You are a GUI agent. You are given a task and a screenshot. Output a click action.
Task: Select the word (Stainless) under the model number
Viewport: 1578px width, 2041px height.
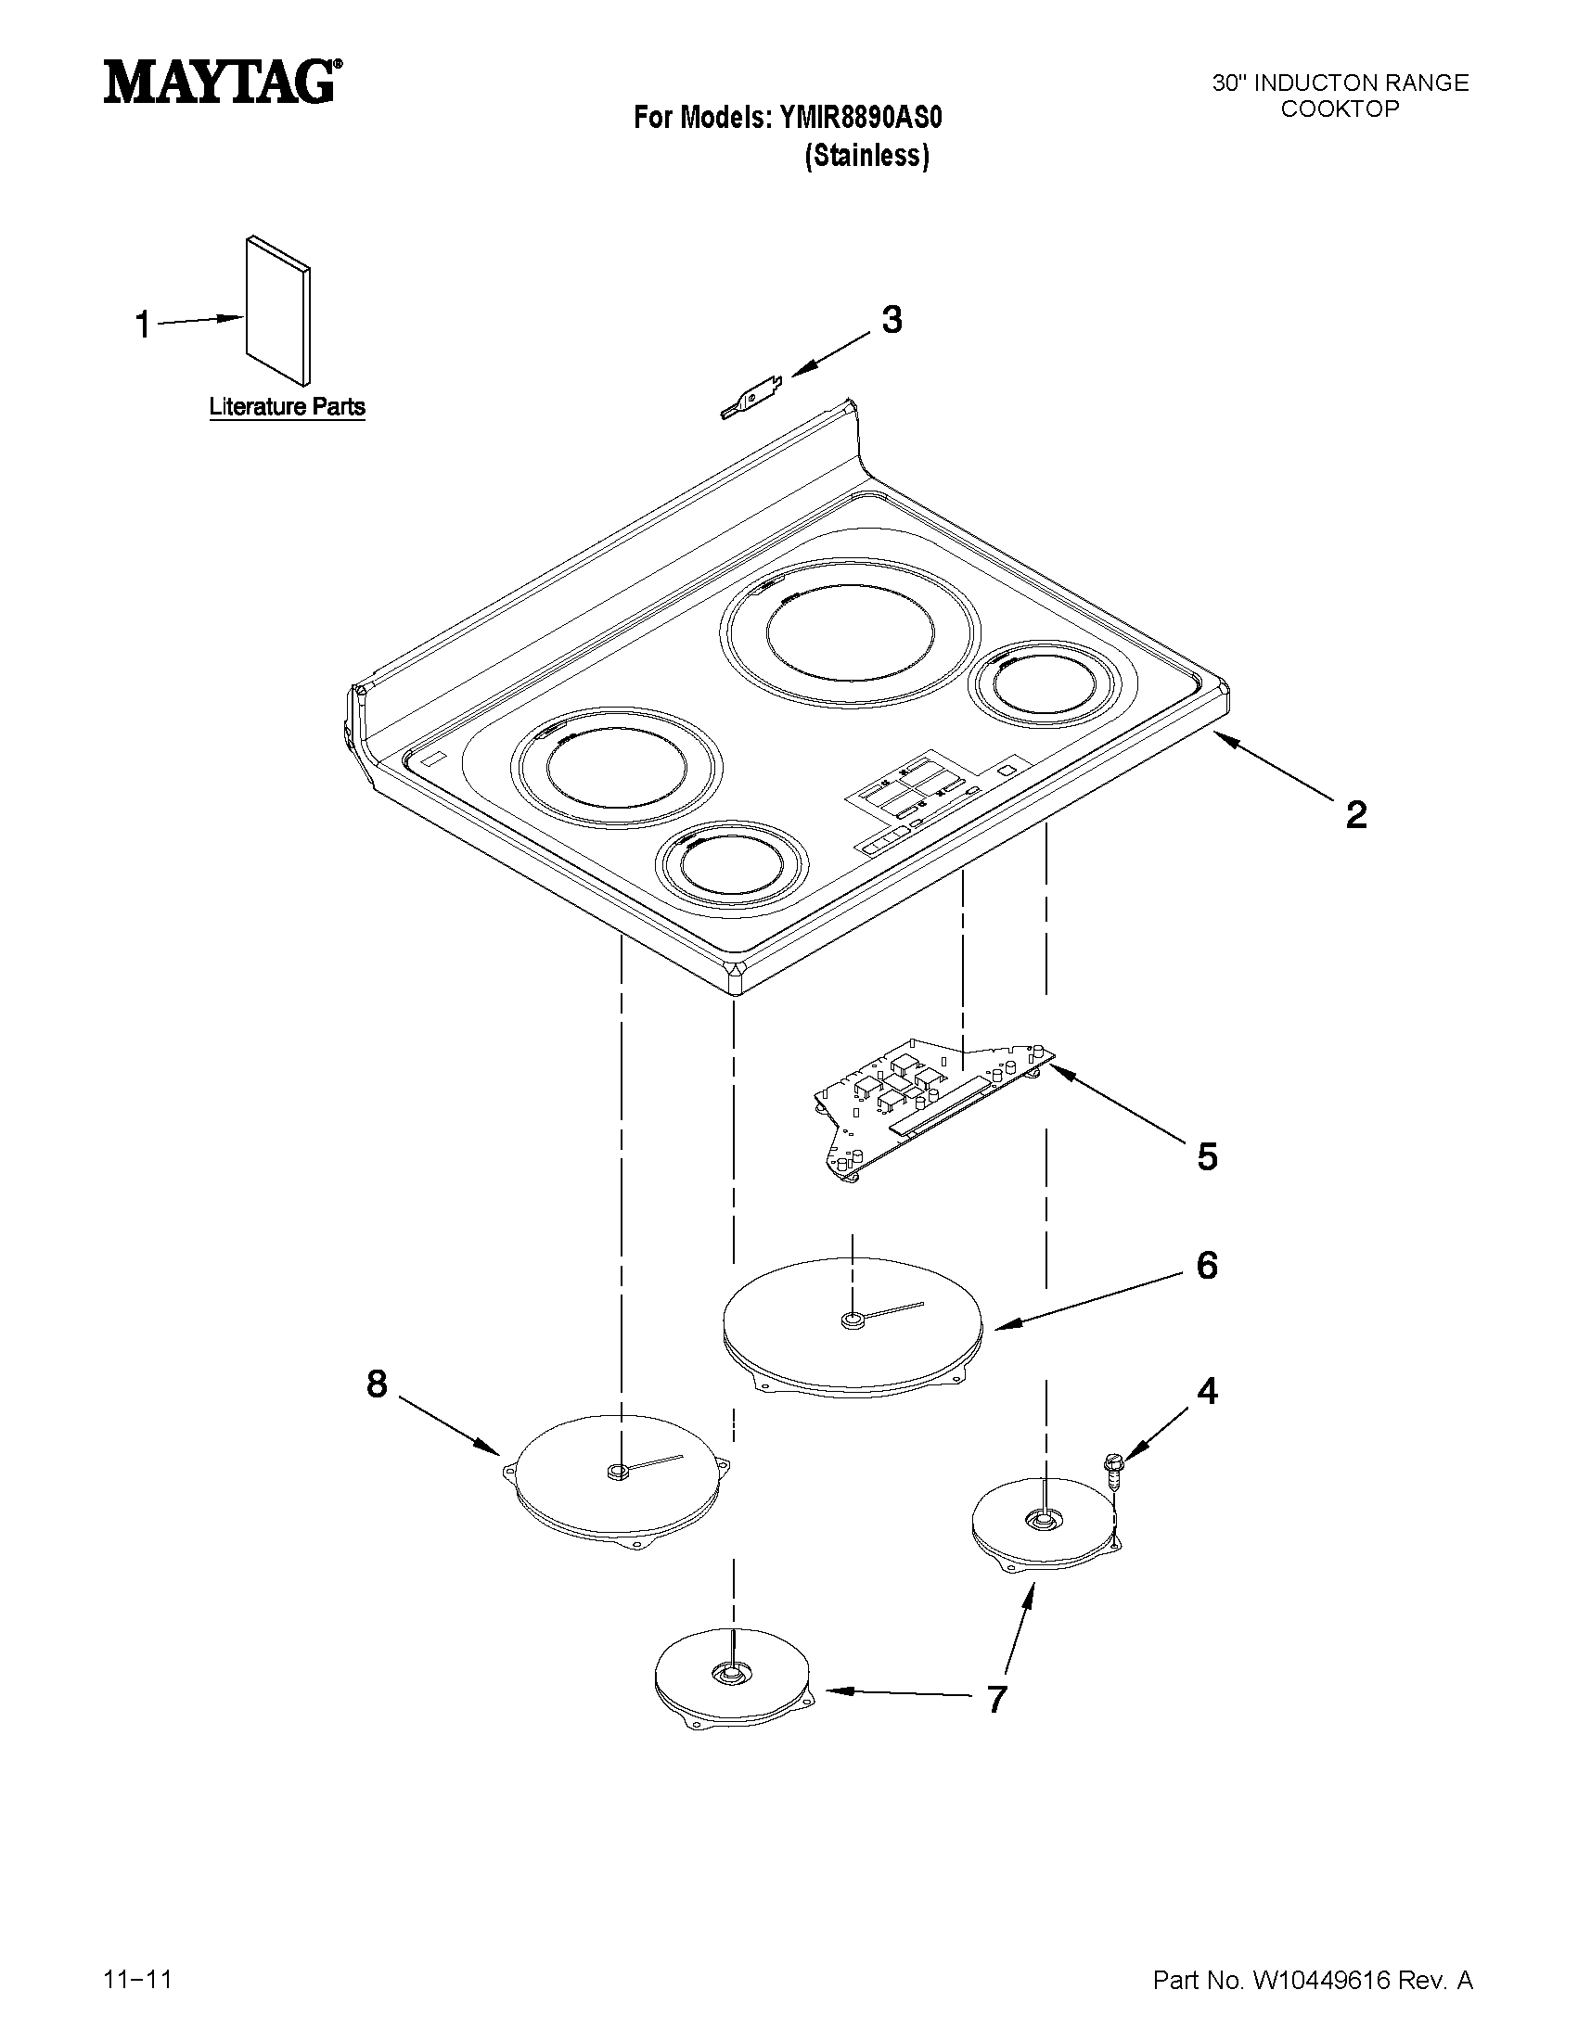coord(866,155)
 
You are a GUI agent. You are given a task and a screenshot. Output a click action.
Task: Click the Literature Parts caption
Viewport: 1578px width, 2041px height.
coord(286,407)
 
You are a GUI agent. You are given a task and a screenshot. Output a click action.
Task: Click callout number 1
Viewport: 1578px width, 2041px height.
coord(143,325)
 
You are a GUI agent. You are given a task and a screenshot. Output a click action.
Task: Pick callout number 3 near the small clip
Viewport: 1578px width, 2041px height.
coord(892,321)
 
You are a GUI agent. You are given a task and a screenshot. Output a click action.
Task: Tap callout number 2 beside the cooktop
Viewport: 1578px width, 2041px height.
coord(1355,814)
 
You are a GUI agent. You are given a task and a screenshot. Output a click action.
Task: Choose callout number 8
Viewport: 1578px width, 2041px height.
coord(376,1384)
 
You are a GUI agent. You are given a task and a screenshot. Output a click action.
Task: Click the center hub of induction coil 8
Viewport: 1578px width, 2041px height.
coord(616,1473)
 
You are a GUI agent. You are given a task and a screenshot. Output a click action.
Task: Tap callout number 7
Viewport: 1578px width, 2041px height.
coord(996,1699)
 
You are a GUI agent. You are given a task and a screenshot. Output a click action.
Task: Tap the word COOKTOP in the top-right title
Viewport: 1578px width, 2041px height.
coord(1339,108)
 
